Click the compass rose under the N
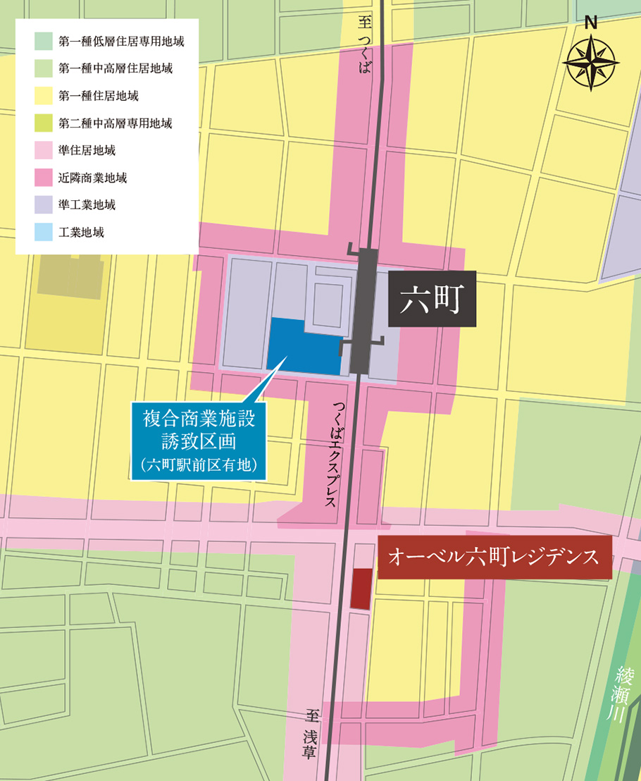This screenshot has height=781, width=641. click(591, 63)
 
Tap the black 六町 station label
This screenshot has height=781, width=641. click(430, 300)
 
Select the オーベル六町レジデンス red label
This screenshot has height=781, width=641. click(494, 558)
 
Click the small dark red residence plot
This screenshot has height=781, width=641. click(360, 588)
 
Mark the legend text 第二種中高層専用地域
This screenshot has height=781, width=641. click(116, 123)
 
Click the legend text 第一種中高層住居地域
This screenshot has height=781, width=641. click(116, 68)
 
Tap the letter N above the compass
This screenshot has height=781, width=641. click(591, 22)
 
